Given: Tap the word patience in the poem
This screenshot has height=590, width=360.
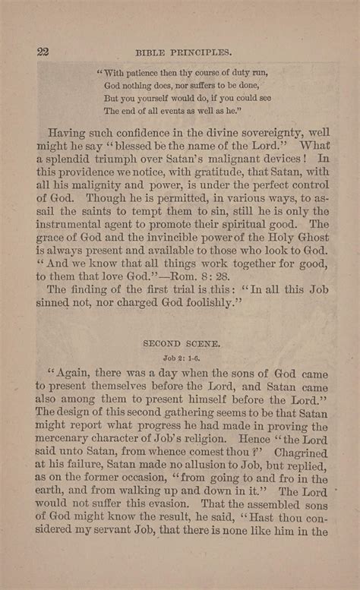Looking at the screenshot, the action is point(151,72).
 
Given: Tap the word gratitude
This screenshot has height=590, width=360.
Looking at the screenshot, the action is point(188,172).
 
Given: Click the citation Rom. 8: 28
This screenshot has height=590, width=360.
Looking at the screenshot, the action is point(212,276).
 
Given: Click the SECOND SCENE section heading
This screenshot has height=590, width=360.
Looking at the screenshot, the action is point(182,343).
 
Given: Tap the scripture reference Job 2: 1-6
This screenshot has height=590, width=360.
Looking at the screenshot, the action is point(182,358).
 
